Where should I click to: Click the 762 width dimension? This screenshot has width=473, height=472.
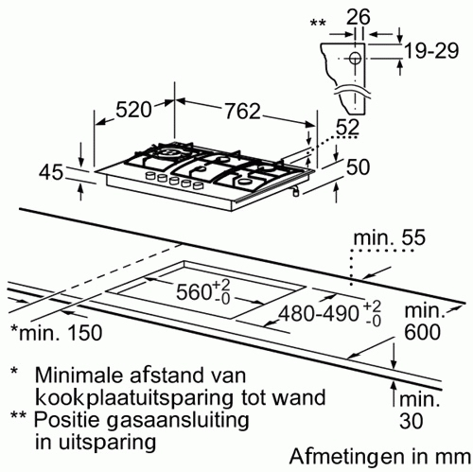tap(242, 111)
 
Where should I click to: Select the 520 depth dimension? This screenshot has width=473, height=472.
tap(133, 110)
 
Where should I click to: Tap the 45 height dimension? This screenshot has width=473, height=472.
tap(51, 173)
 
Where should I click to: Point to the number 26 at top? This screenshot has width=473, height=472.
tap(359, 17)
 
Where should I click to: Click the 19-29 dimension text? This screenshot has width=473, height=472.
tap(431, 50)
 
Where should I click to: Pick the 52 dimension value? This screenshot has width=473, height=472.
tap(347, 128)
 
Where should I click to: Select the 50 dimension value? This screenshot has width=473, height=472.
tap(358, 166)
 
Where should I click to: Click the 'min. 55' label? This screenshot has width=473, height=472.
tap(390, 237)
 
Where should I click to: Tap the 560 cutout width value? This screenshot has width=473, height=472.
tap(193, 291)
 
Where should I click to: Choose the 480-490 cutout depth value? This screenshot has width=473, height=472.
tap(319, 314)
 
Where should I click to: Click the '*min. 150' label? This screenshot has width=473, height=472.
tap(57, 332)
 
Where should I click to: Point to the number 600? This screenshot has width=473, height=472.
tap(422, 332)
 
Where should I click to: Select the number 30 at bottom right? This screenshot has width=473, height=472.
tap(412, 421)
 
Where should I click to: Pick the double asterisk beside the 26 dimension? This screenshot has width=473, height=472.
tap(318, 23)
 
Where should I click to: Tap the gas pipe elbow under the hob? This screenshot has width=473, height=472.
tap(295, 191)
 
